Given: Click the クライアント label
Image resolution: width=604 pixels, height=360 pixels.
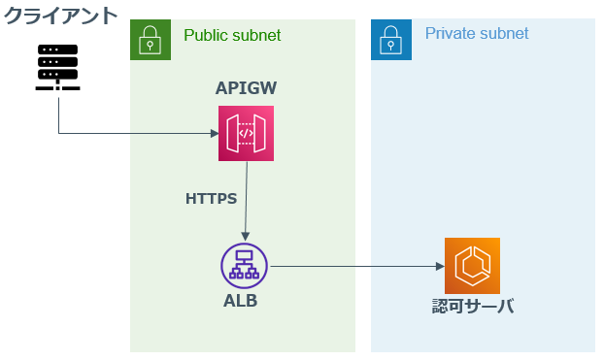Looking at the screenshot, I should (x=59, y=16).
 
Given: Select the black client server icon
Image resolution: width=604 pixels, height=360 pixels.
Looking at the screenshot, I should (x=59, y=67).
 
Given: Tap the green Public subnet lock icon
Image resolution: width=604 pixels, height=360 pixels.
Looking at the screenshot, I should (x=151, y=39).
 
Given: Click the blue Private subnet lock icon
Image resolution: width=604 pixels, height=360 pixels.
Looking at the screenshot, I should (x=391, y=39).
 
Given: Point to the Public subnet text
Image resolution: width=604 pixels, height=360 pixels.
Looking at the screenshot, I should (x=232, y=35).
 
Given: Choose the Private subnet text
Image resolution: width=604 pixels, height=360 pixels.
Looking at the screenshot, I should (x=477, y=34).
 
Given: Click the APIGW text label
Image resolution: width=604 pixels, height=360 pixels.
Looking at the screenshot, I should (x=246, y=88).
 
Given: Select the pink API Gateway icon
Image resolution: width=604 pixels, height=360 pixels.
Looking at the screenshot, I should (x=246, y=133).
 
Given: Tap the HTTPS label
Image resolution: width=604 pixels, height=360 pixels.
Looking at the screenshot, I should (x=211, y=199).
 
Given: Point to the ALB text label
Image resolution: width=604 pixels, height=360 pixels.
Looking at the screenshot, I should (x=241, y=300).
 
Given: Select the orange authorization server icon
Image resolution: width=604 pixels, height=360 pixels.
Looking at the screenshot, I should (x=472, y=265).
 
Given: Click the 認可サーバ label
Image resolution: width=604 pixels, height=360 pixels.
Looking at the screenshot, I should (x=473, y=308).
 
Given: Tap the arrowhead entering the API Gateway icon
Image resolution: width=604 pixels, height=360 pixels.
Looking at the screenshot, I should (x=214, y=133).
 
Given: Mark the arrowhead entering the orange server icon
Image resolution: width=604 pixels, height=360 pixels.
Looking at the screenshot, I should (x=439, y=265).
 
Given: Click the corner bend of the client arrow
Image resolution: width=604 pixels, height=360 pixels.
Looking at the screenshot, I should (x=59, y=133).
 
